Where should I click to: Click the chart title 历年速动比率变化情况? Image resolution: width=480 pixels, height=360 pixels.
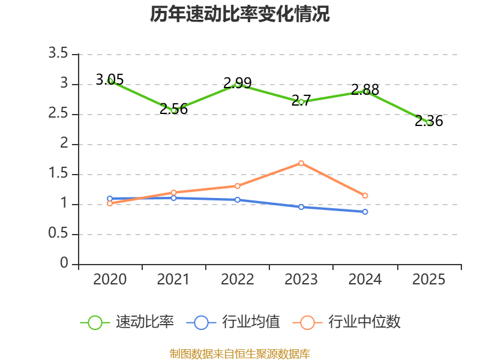pyautogui.click(x=239, y=14)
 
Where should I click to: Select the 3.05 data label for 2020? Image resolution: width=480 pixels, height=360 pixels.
pyautogui.click(x=110, y=80)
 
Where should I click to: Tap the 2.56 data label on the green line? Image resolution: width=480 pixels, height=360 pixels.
pyautogui.click(x=173, y=109)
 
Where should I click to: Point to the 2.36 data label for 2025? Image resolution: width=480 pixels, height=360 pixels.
pyautogui.click(x=428, y=121)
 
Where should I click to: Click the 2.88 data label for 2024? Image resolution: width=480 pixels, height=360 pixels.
pyautogui.click(x=365, y=89)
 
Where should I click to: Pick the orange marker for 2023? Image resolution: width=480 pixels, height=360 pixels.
pyautogui.click(x=301, y=163)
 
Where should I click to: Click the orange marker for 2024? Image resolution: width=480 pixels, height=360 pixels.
pyautogui.click(x=365, y=196)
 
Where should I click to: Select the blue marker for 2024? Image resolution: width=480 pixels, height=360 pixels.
pyautogui.click(x=365, y=212)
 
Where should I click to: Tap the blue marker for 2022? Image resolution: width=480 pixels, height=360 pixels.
pyautogui.click(x=237, y=200)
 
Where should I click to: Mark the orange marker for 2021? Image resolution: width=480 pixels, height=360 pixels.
pyautogui.click(x=173, y=193)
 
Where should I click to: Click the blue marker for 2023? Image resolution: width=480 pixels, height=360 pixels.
pyautogui.click(x=301, y=207)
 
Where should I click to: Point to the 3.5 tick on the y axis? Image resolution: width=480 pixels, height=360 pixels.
pyautogui.click(x=58, y=53)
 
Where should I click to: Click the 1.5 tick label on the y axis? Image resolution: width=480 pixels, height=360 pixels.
pyautogui.click(x=58, y=173)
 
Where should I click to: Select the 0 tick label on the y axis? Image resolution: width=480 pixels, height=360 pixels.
pyautogui.click(x=64, y=263)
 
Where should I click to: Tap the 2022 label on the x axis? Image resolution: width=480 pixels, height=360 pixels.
pyautogui.click(x=237, y=279)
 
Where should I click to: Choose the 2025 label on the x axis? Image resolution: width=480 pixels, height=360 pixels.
pyautogui.click(x=428, y=279)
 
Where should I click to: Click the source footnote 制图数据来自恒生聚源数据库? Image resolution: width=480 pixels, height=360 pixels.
pyautogui.click(x=239, y=354)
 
